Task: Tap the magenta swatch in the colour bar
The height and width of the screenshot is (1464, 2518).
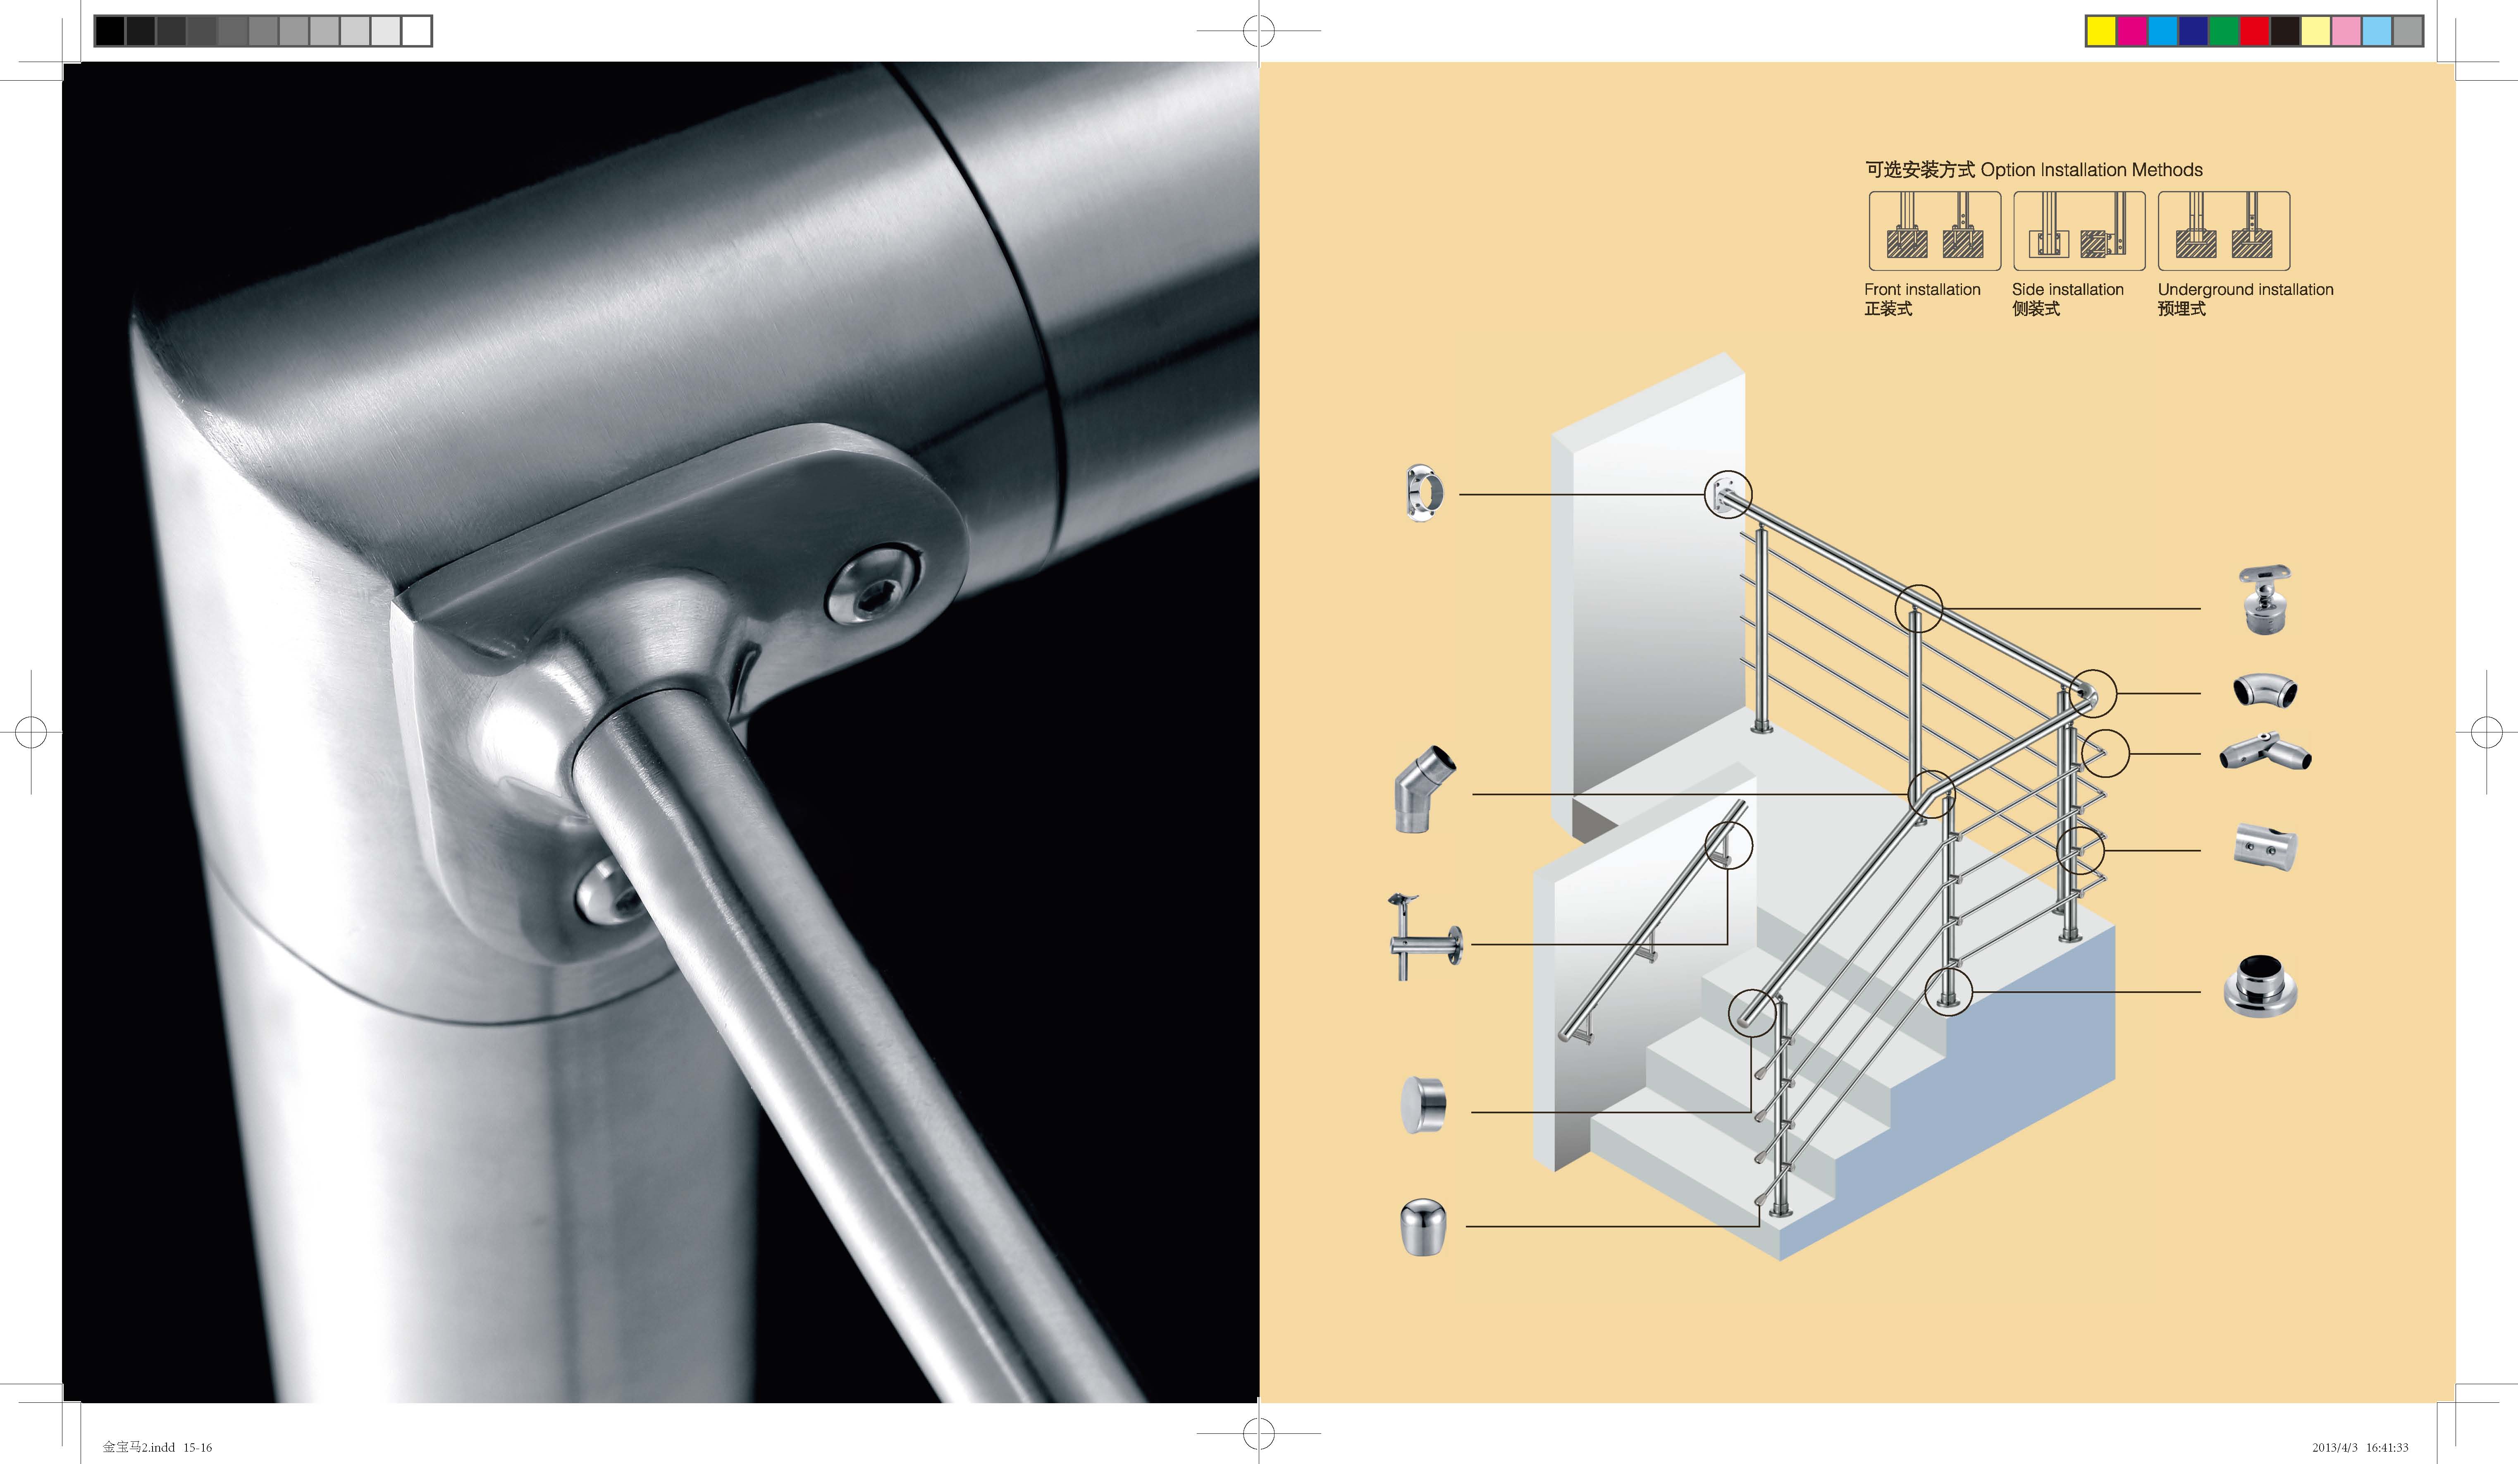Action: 2132,31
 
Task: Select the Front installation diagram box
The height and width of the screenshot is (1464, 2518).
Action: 1934,231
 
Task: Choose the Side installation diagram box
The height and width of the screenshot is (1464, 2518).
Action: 2079,231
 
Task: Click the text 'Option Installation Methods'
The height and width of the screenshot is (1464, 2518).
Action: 2091,170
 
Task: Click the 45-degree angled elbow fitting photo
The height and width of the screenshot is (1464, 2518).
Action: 1424,789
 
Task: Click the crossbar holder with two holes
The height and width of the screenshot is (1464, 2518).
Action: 2265,847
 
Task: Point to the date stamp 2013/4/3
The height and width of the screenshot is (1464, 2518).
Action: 2334,1447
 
